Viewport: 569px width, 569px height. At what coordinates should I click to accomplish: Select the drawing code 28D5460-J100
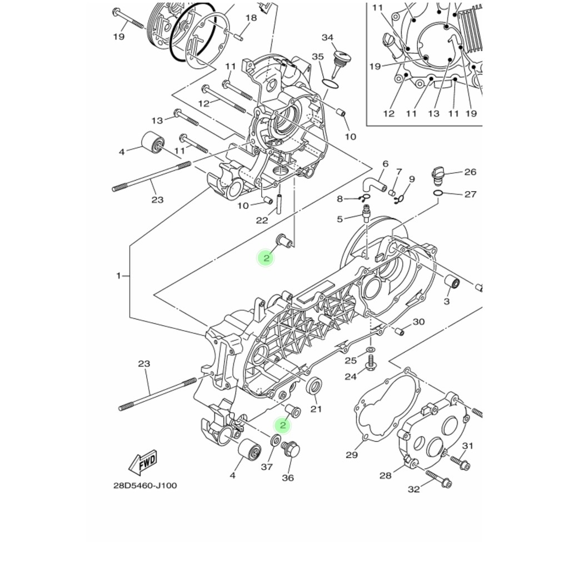pos(145,486)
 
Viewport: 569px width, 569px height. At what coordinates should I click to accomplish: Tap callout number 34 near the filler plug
pos(327,37)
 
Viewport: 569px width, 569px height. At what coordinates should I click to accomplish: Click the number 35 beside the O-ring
pos(317,57)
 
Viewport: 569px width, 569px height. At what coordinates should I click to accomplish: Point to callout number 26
pos(470,172)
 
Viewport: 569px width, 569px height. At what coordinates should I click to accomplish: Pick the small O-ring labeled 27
pos(438,193)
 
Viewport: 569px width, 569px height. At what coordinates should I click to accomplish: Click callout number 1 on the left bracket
pos(118,276)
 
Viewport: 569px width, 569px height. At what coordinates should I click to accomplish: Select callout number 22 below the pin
pos(262,220)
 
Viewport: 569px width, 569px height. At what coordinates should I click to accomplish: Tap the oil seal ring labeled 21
pos(314,386)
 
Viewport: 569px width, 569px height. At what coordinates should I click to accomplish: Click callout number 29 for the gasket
pos(352,455)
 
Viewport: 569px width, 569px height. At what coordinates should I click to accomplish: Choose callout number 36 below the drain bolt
pos(288,478)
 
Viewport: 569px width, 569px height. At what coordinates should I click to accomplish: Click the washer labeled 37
pos(276,442)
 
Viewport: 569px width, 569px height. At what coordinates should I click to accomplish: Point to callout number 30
pos(419,322)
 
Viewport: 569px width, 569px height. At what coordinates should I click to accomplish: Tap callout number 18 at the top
pos(251,18)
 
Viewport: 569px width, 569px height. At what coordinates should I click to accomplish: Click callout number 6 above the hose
pos(386,164)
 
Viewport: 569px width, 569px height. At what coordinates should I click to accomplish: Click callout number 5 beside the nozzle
pos(340,219)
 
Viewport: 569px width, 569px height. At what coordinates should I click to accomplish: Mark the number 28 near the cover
pos(386,475)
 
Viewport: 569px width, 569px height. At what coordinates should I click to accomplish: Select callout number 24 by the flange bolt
pos(351,377)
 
